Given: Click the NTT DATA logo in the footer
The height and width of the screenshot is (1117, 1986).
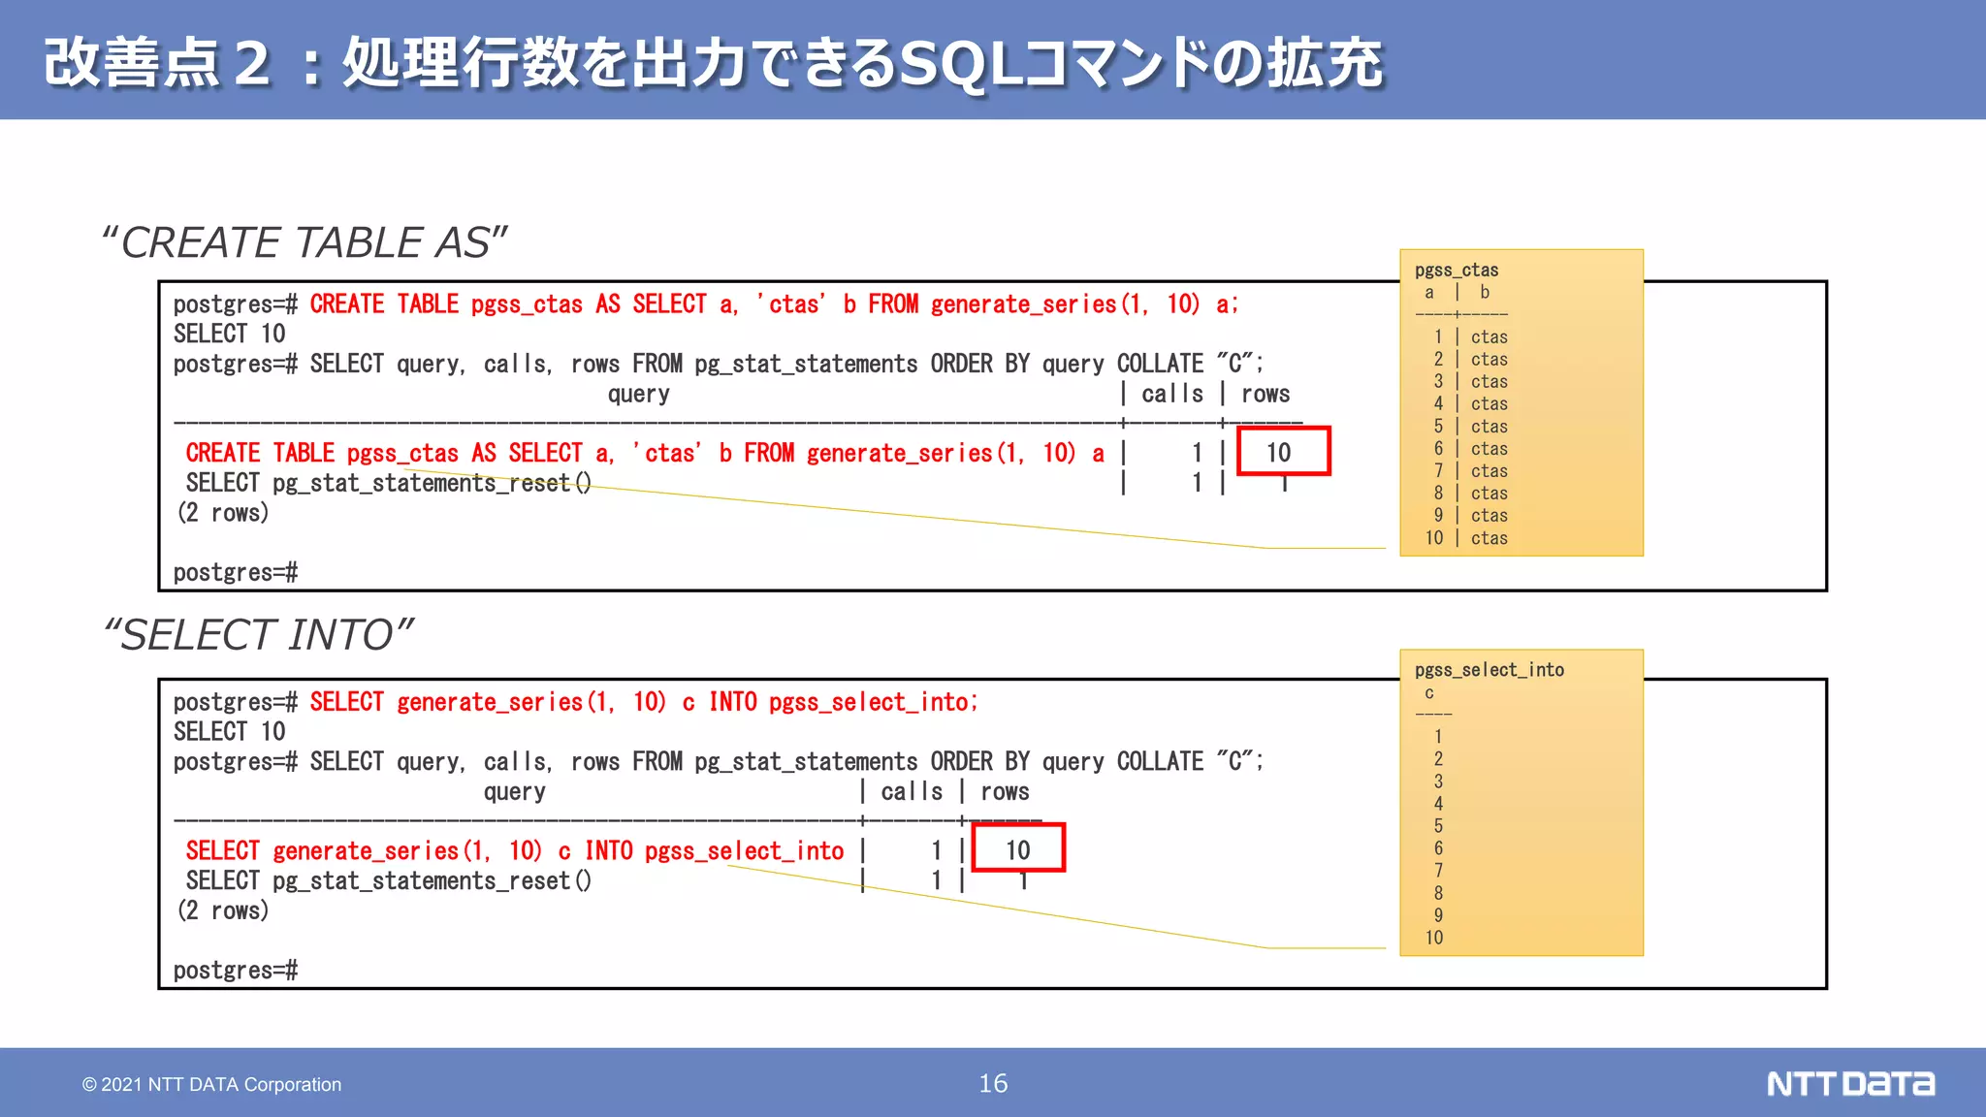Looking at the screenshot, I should (1849, 1083).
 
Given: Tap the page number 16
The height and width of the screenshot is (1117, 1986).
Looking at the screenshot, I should (993, 1083).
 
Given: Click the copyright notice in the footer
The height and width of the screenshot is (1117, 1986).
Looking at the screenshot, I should (211, 1084).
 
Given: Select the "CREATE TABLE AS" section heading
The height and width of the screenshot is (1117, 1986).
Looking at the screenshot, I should (304, 242).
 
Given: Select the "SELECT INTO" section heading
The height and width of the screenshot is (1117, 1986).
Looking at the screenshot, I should (258, 635).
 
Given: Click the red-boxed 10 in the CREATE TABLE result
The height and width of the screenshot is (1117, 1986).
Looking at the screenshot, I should (1279, 452).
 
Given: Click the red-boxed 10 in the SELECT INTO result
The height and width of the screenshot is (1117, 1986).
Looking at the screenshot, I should (1017, 849).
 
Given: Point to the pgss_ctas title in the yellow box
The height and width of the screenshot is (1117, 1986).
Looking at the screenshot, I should (1456, 270).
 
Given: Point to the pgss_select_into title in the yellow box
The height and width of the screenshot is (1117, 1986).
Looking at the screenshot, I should (1489, 669).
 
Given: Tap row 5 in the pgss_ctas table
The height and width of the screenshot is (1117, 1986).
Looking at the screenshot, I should (1469, 426).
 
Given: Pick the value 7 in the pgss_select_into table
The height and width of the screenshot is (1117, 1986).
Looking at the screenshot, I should (1438, 870).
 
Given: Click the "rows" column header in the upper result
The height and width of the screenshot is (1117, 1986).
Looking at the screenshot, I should (1265, 394).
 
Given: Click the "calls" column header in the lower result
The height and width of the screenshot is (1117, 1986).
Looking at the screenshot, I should (912, 791).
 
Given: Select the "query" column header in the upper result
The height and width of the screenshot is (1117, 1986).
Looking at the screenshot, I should (638, 394).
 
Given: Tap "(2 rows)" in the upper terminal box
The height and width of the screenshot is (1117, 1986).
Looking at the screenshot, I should (223, 512).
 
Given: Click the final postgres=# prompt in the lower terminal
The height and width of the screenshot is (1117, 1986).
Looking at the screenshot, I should (236, 970).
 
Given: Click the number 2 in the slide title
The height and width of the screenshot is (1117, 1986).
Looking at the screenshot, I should (251, 64).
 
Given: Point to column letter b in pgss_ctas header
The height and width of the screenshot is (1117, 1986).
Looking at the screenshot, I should (1485, 292).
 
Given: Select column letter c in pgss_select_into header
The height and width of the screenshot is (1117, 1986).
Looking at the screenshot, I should (1428, 692).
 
